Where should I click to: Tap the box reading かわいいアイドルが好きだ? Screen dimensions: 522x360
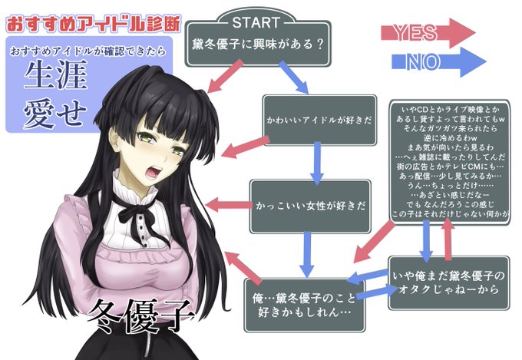point(319,121)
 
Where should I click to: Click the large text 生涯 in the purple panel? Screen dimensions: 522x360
point(59,77)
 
